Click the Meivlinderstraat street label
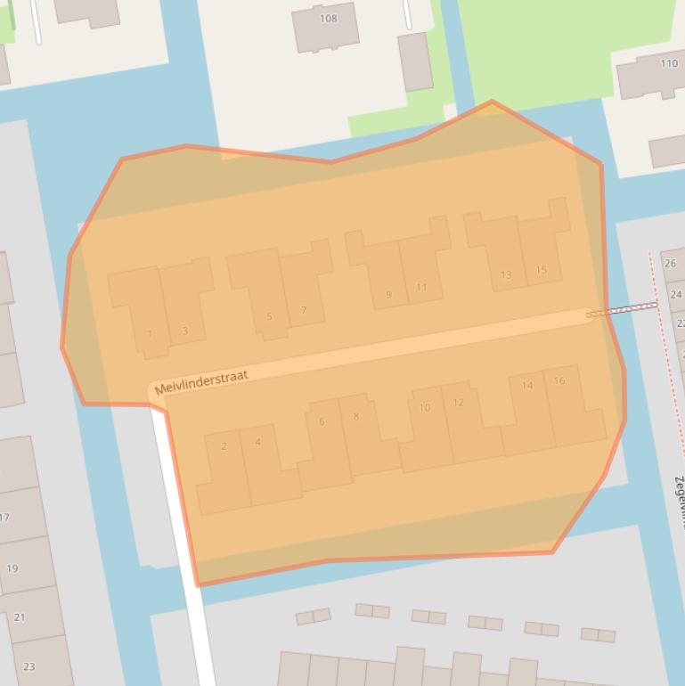pos(201,382)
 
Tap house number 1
pos(150,334)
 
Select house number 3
pos(184,331)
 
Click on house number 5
pos(269,316)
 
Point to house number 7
pos(304,311)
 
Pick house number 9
pos(388,295)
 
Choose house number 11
pos(421,288)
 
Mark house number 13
pos(506,275)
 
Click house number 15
pos(541,270)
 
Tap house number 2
pos(224,446)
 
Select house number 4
pos(257,442)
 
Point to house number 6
pos(322,421)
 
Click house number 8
pos(356,416)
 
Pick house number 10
pos(424,408)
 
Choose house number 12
pos(458,403)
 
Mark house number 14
pos(527,386)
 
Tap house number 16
pos(559,380)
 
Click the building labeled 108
pos(328,19)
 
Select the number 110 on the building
pos(668,64)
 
